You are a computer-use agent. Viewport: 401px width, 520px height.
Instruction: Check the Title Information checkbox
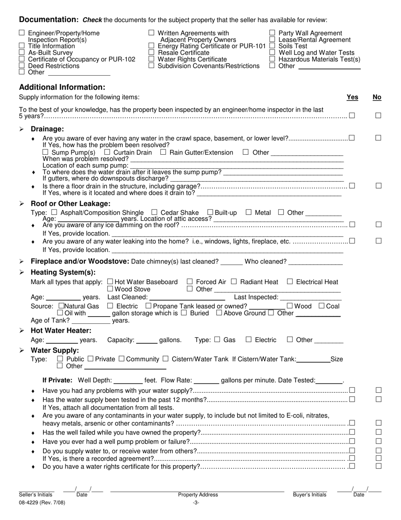point(22,46)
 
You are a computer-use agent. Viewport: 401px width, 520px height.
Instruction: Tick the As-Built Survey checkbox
point(22,52)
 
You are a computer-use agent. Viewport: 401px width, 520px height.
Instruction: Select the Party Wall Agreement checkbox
point(272,33)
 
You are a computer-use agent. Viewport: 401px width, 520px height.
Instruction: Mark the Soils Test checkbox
point(272,46)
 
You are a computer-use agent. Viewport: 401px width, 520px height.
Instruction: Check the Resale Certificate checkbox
point(152,52)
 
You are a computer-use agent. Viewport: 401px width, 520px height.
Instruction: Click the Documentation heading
point(49,19)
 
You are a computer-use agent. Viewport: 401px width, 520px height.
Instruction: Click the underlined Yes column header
point(352,97)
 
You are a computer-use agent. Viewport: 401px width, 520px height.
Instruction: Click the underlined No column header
point(377,97)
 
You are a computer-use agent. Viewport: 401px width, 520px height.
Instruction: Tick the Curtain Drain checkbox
point(107,152)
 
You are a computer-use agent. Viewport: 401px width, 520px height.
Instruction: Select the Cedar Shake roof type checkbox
point(154,212)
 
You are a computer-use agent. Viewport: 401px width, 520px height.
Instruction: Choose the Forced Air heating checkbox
point(190,282)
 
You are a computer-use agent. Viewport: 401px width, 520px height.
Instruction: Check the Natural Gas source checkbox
point(62,306)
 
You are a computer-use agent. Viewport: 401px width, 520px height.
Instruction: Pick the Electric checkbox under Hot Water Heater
point(249,339)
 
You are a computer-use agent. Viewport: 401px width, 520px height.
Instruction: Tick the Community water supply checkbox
point(122,359)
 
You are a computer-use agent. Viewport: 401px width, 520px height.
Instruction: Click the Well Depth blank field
point(128,380)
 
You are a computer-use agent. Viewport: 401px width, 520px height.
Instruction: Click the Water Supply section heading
point(55,350)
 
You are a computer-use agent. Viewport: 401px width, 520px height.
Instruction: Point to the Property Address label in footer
point(198,495)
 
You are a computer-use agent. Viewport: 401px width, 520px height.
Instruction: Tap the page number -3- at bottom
point(196,503)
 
